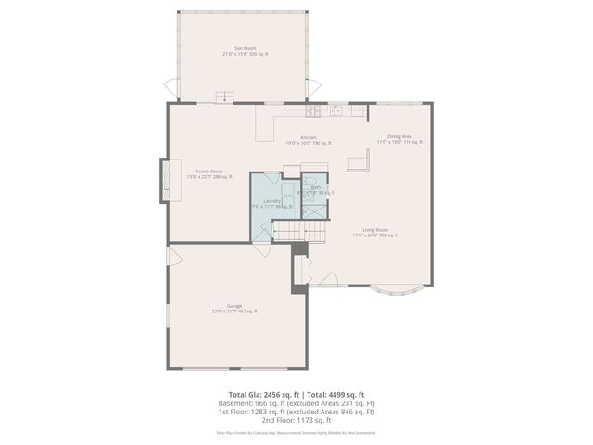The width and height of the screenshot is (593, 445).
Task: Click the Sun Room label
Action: click(x=245, y=51)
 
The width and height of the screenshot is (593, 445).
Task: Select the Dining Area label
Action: click(x=399, y=138)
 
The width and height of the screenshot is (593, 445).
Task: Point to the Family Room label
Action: click(x=209, y=172)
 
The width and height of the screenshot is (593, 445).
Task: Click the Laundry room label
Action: click(x=271, y=201)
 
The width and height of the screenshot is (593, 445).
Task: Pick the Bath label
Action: click(x=316, y=188)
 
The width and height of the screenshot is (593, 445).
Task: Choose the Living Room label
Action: click(x=374, y=231)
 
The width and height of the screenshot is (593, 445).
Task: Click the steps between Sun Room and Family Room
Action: click(x=222, y=97)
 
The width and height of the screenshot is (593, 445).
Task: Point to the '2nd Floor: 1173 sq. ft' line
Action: click(x=296, y=420)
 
